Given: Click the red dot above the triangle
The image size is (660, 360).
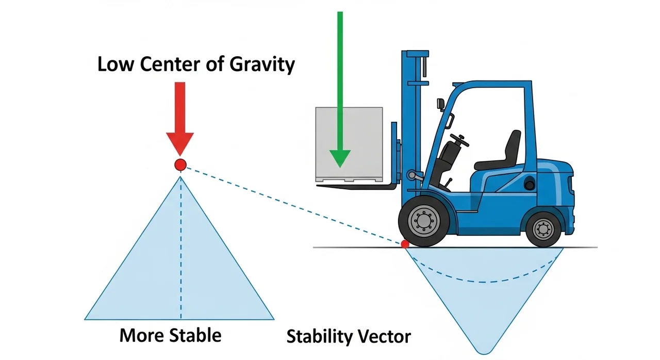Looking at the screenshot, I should click(180, 165).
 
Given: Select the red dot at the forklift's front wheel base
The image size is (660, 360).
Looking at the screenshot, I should click(405, 243).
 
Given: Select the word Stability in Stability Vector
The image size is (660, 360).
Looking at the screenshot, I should click(318, 337).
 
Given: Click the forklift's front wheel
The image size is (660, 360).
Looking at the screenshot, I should click(424, 221).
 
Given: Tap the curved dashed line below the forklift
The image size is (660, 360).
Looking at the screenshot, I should click(485, 282).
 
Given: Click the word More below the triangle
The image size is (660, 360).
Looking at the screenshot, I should click(139, 335).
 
